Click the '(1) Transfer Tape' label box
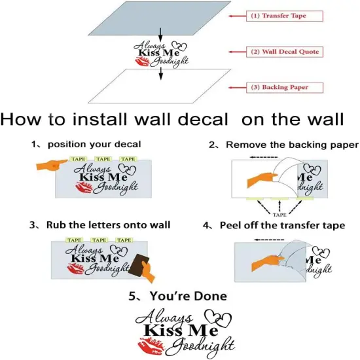285,16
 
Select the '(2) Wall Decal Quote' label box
285,52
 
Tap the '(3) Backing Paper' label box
285,88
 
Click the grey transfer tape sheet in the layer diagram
159,18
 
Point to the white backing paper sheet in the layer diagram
159,86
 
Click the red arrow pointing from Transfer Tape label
237,16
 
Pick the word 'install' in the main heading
99,119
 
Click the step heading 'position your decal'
94,145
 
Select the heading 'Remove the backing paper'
292,145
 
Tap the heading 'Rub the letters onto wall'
108,225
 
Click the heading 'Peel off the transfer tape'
282,225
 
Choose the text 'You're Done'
189,296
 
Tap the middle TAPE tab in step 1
103,159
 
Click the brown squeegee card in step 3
139,264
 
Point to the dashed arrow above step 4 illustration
269,240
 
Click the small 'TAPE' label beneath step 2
279,215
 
